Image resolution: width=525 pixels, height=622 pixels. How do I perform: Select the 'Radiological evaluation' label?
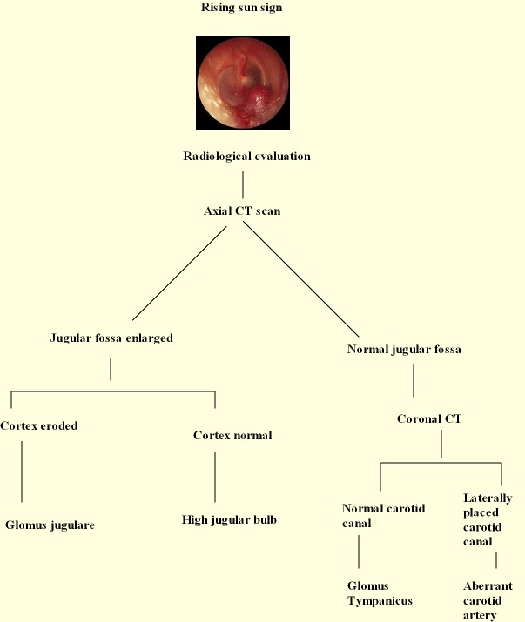(x=246, y=157)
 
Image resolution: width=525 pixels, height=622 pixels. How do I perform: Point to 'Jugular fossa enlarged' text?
(x=111, y=338)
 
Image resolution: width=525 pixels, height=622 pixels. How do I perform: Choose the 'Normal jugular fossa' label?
(x=404, y=350)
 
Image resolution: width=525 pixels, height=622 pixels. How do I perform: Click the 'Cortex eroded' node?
(x=39, y=426)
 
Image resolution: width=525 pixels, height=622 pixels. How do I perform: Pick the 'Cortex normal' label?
(x=232, y=435)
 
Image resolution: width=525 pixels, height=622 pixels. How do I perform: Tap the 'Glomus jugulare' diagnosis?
(x=50, y=525)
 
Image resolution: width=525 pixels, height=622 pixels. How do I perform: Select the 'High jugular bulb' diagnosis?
(x=228, y=520)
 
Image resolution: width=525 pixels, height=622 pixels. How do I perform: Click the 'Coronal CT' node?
(x=429, y=418)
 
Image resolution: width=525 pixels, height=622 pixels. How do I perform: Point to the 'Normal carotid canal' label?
(x=383, y=515)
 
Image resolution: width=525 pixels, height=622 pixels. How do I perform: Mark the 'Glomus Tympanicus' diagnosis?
(x=380, y=593)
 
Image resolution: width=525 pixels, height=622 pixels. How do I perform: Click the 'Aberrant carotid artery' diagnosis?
(x=488, y=600)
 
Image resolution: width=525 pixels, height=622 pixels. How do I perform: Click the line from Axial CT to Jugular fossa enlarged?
(x=179, y=273)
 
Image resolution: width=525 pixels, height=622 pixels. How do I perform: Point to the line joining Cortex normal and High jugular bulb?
(x=215, y=477)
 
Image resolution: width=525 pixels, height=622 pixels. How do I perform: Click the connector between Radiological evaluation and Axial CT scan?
(x=242, y=184)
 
